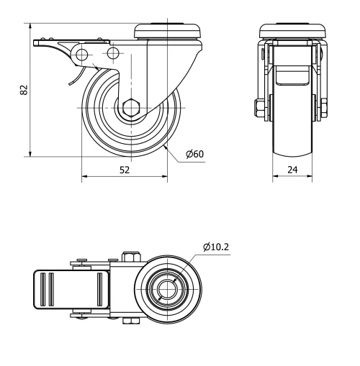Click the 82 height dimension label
[24, 90]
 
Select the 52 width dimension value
[124, 170]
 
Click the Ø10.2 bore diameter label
[216, 247]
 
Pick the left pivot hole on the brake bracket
[81, 55]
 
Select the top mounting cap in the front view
[288, 32]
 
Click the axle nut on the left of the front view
[258, 109]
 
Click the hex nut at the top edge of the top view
[131, 257]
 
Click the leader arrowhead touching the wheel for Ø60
[166, 146]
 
